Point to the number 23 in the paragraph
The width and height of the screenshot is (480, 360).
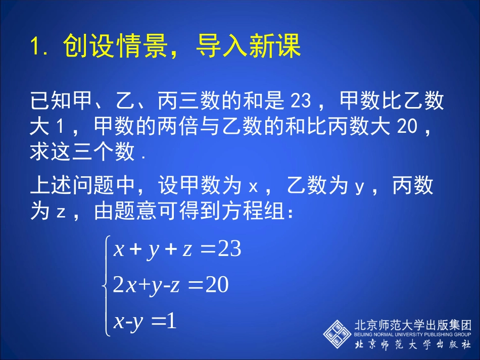(302, 101)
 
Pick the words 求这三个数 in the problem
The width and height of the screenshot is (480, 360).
(83, 151)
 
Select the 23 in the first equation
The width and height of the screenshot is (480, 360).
(229, 249)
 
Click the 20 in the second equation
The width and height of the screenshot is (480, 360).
(217, 285)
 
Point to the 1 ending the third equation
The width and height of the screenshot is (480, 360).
(171, 321)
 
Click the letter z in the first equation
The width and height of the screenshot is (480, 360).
(187, 249)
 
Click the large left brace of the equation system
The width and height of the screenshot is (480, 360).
(106, 285)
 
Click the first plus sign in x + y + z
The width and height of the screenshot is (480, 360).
(134, 249)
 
